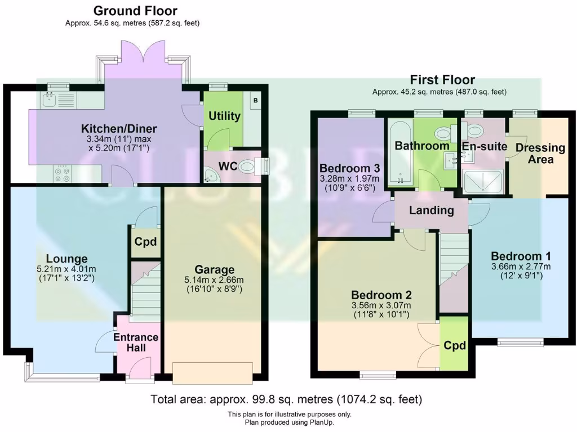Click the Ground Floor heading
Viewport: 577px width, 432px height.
tap(135, 11)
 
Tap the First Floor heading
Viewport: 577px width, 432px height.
tap(442, 80)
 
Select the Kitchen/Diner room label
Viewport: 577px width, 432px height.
tap(118, 129)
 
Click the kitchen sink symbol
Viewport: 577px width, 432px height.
tap(49, 100)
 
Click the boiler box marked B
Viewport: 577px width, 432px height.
tap(255, 101)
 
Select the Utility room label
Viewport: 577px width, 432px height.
tap(225, 116)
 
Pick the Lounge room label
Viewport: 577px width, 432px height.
tap(66, 259)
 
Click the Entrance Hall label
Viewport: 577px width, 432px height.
tap(136, 342)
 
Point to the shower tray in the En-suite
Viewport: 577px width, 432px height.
tap(483, 181)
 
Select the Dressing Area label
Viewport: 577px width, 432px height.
tap(540, 153)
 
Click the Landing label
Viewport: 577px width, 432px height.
tap(431, 210)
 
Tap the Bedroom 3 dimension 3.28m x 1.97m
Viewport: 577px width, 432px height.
tap(349, 179)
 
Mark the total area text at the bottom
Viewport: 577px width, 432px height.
tap(286, 399)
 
